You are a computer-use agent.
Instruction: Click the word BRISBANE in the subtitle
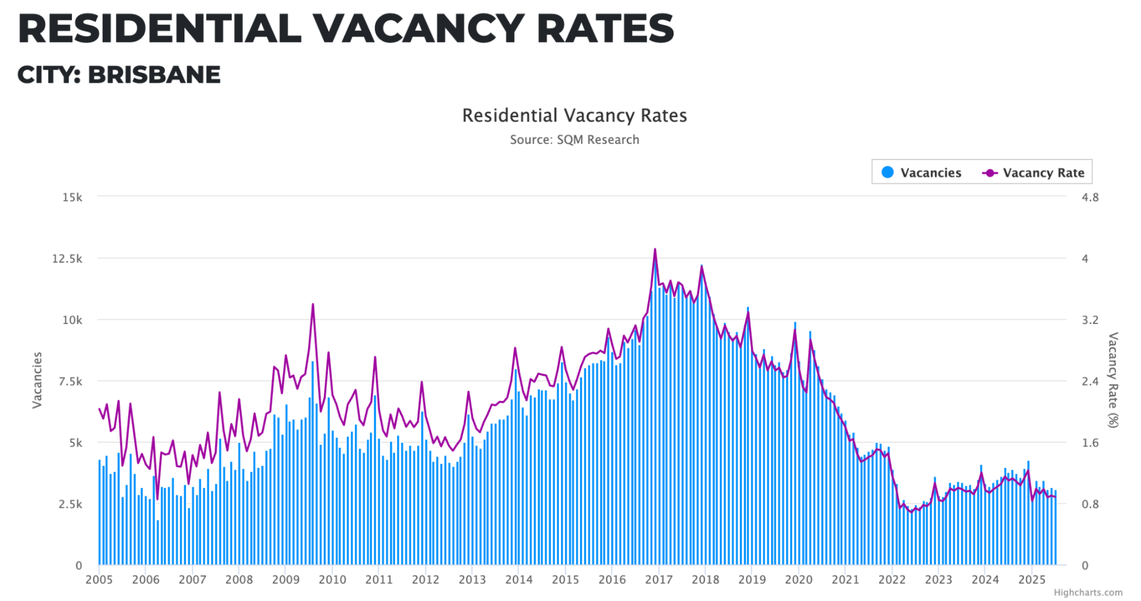pos(154,75)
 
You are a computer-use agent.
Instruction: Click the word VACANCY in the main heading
pos(418,29)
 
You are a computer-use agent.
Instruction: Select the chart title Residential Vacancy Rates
pos(574,115)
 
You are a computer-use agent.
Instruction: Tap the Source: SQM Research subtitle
pos(574,140)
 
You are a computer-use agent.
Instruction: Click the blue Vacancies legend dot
pos(888,173)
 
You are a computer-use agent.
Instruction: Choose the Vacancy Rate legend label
pos(1043,173)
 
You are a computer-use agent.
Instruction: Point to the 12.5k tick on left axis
pos(67,259)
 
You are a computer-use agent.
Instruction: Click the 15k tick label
pos(72,197)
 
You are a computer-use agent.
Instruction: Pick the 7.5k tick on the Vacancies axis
pos(70,382)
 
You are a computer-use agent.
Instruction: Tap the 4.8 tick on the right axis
pos(1090,197)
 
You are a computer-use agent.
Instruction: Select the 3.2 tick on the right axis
pos(1090,320)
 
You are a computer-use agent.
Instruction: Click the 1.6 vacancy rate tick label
pos(1090,443)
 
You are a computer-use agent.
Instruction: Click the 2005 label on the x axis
pos(99,580)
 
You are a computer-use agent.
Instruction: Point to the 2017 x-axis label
pos(659,580)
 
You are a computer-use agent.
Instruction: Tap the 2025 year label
pos(1032,580)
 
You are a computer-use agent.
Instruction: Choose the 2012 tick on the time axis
pos(426,580)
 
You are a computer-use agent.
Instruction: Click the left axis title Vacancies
pos(37,380)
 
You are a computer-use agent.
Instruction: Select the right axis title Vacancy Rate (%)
pos(1113,380)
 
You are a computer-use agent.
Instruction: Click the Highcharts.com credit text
pos(1088,593)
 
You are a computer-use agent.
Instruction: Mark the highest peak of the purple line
pos(655,249)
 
